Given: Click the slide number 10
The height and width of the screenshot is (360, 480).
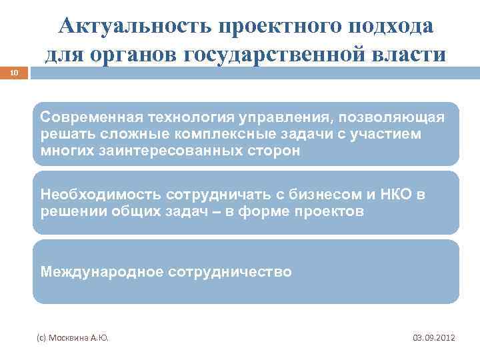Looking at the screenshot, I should (x=15, y=75).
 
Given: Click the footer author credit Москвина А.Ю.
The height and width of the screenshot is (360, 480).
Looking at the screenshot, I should (x=73, y=338).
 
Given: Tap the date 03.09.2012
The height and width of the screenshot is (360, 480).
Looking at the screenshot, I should (x=434, y=338).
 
